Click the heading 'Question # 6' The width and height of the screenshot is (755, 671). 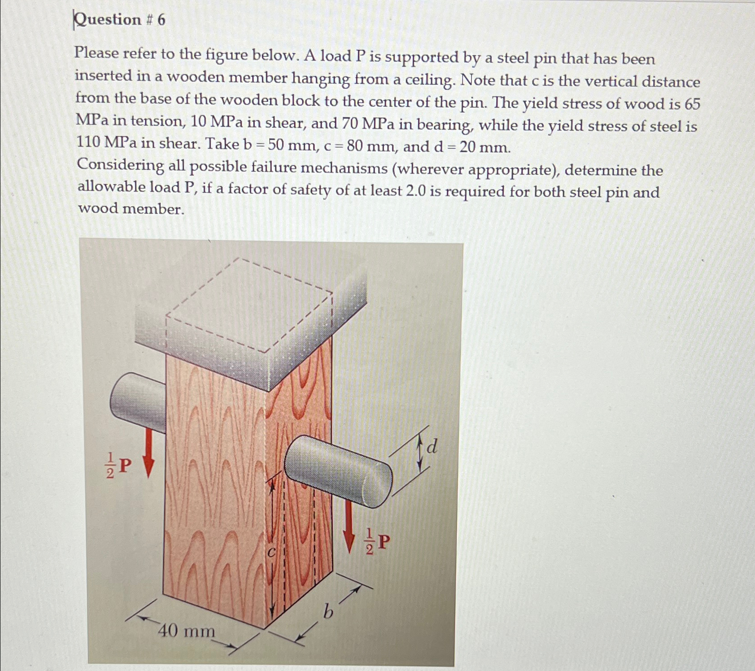120,20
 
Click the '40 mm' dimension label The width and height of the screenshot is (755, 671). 186,631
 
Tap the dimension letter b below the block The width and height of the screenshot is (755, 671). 328,611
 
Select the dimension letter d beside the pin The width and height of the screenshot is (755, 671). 432,447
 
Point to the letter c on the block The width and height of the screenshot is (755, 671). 271,553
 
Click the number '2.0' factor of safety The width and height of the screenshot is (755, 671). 416,191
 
